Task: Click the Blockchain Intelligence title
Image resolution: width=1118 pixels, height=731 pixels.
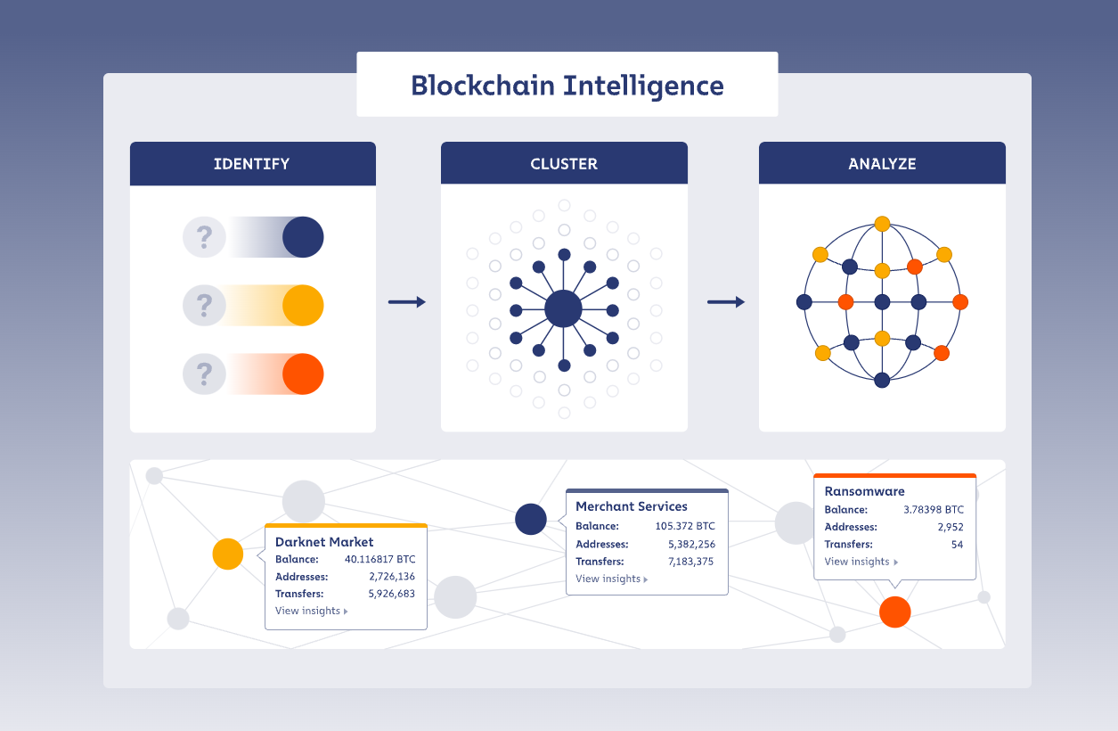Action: point(567,86)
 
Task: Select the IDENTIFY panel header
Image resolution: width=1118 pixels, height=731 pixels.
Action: point(252,164)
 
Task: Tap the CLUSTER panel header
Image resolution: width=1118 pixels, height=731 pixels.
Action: point(564,164)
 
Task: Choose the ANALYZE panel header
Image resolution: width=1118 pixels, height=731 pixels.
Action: point(882,164)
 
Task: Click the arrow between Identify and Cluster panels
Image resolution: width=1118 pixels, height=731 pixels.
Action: point(407,303)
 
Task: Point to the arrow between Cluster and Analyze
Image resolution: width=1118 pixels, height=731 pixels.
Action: point(726,303)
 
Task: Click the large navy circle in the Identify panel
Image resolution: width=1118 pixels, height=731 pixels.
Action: point(303,237)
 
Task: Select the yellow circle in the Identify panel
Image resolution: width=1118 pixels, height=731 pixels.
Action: point(303,306)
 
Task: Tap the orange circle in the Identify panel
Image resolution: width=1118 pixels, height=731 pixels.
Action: point(303,374)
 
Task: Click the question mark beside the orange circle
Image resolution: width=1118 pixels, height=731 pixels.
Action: point(205,374)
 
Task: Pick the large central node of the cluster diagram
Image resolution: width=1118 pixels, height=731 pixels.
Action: point(563,309)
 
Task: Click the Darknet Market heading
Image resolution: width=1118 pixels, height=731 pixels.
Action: point(324,542)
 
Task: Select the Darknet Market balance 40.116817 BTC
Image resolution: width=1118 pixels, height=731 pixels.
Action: point(379,560)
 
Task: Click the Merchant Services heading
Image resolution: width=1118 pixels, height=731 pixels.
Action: point(632,506)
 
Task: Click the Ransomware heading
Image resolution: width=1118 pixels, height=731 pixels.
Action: point(864,491)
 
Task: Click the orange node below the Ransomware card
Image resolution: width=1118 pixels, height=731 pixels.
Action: point(894,612)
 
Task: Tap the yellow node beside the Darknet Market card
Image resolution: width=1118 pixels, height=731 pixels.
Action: point(228,554)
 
